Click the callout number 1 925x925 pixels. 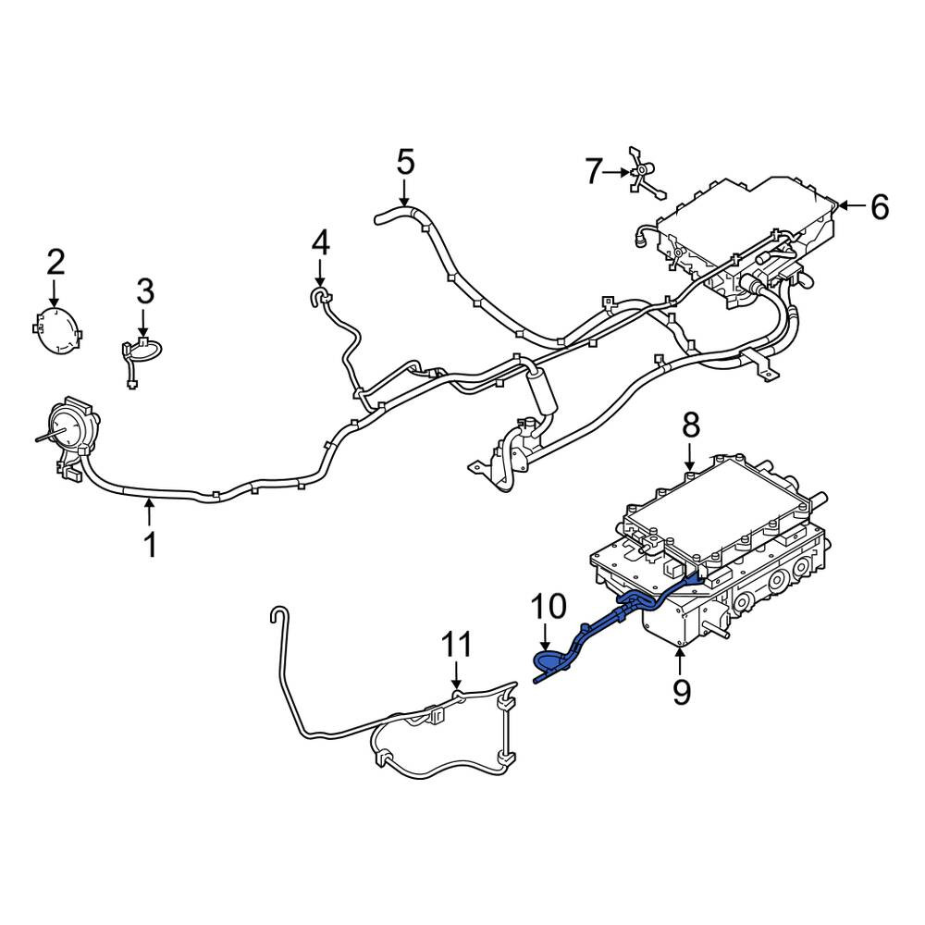(151, 545)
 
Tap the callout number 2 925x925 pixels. (56, 263)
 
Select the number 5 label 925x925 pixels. (406, 163)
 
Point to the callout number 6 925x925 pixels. (880, 207)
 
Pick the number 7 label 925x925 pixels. (594, 172)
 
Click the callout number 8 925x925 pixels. (691, 425)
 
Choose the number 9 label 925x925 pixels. (682, 691)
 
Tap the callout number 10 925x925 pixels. (549, 607)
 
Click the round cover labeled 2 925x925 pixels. (57, 331)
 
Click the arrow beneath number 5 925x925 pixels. (404, 193)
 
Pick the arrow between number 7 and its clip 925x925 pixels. (617, 172)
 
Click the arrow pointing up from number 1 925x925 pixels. (150, 512)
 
